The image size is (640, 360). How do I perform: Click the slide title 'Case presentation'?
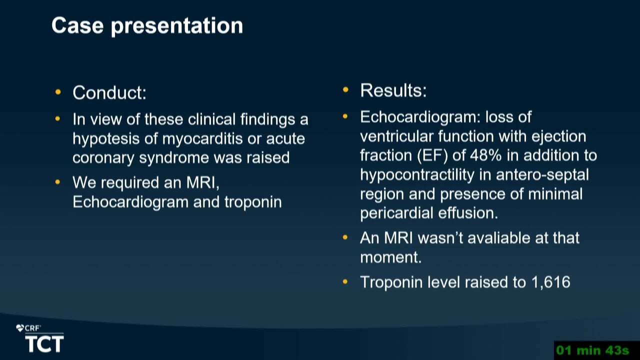point(147,26)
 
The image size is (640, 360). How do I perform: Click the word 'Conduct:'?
point(109,92)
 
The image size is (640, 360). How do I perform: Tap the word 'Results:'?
point(393,90)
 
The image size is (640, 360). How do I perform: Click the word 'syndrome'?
point(174,158)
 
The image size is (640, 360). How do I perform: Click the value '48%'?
point(485,155)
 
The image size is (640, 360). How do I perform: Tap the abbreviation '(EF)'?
point(432,156)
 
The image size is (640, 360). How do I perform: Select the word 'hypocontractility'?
point(417,175)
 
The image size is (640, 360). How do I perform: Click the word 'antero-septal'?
point(542,174)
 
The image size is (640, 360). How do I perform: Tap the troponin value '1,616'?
point(551,282)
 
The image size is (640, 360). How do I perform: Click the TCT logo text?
point(44,344)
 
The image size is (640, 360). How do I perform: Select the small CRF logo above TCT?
point(28,328)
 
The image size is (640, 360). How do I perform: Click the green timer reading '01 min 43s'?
point(592,350)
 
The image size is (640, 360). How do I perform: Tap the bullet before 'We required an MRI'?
point(57,182)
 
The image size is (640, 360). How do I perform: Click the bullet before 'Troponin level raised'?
point(345,282)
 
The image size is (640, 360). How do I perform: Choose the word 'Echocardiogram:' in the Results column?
point(420,117)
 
